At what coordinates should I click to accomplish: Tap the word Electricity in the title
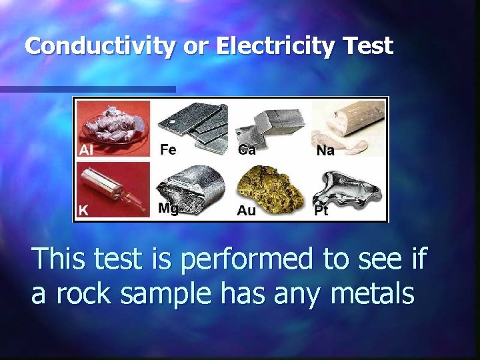click(x=257, y=46)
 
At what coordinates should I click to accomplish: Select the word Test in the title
click(x=367, y=46)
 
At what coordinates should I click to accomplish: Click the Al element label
click(x=86, y=150)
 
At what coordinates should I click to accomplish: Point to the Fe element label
click(x=168, y=150)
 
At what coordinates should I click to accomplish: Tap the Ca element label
click(x=246, y=150)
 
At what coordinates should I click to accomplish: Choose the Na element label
click(x=325, y=151)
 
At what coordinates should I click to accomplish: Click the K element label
click(x=83, y=210)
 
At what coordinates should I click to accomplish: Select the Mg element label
click(x=169, y=209)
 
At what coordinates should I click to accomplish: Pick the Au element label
click(x=246, y=211)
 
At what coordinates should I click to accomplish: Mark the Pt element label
click(x=321, y=211)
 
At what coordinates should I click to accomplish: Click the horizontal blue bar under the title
click(x=87, y=89)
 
